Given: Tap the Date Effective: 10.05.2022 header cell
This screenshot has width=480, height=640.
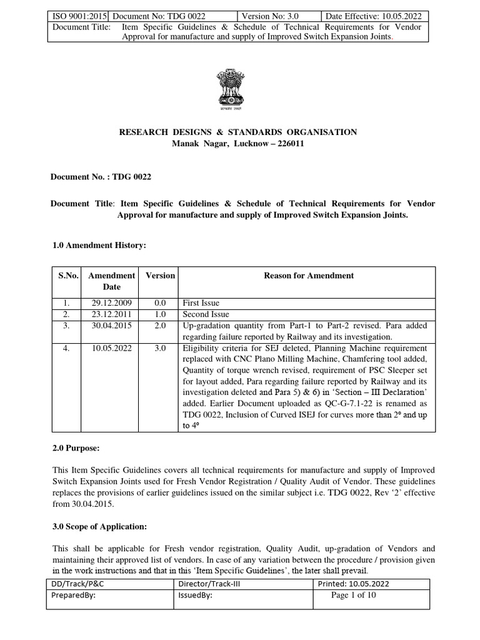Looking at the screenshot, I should (x=375, y=16).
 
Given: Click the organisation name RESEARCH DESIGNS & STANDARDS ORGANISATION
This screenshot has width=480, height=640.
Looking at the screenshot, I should (x=238, y=132).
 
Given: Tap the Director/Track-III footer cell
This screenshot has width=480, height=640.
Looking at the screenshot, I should (x=207, y=584).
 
